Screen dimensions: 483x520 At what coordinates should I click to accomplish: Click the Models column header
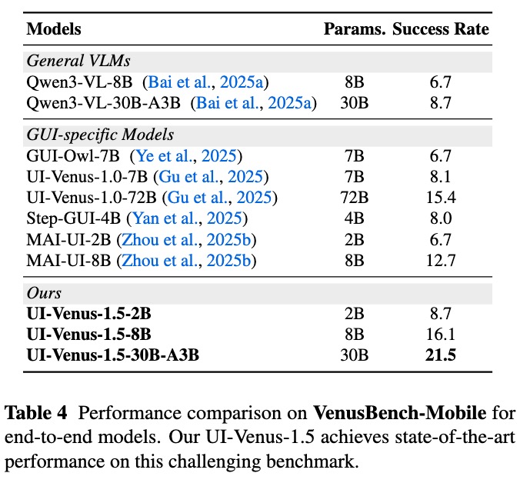(x=54, y=30)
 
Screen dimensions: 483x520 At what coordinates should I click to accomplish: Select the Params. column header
(x=355, y=30)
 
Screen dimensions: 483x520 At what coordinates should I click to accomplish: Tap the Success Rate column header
(x=441, y=30)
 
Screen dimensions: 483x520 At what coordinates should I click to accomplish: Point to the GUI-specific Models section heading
(x=100, y=135)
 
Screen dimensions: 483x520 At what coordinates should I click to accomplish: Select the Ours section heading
(x=44, y=294)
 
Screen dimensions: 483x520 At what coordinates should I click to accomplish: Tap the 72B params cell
(x=355, y=198)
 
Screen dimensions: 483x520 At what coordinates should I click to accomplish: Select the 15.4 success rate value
(x=441, y=198)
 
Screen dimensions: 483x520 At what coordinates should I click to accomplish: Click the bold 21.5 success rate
(x=441, y=355)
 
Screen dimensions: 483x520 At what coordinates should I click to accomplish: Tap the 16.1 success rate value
(x=441, y=335)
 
